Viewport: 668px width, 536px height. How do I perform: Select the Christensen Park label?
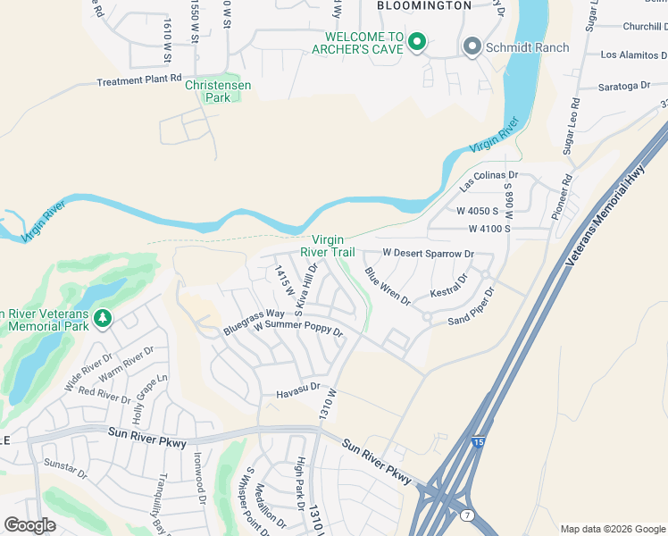tap(218, 91)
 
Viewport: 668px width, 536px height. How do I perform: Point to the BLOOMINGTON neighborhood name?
tap(423, 5)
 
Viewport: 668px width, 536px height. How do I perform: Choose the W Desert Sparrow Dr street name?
tap(427, 254)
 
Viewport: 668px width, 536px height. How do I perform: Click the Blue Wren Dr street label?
tap(387, 286)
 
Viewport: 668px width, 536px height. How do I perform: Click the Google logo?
tap(29, 525)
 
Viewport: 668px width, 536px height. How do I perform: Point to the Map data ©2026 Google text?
tap(612, 529)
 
